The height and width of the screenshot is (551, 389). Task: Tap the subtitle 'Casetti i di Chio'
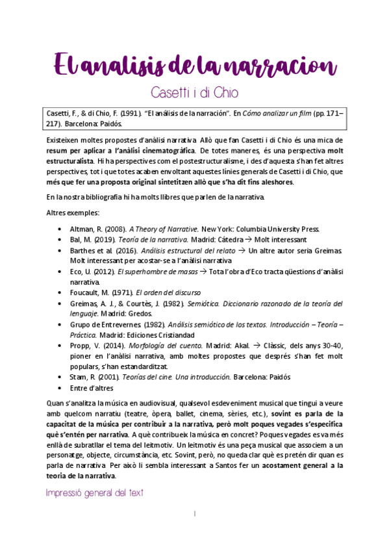point(194,92)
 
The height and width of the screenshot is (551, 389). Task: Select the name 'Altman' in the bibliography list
point(84,229)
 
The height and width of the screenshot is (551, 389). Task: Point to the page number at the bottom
point(194,513)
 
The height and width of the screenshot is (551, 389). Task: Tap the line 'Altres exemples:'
point(72,212)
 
